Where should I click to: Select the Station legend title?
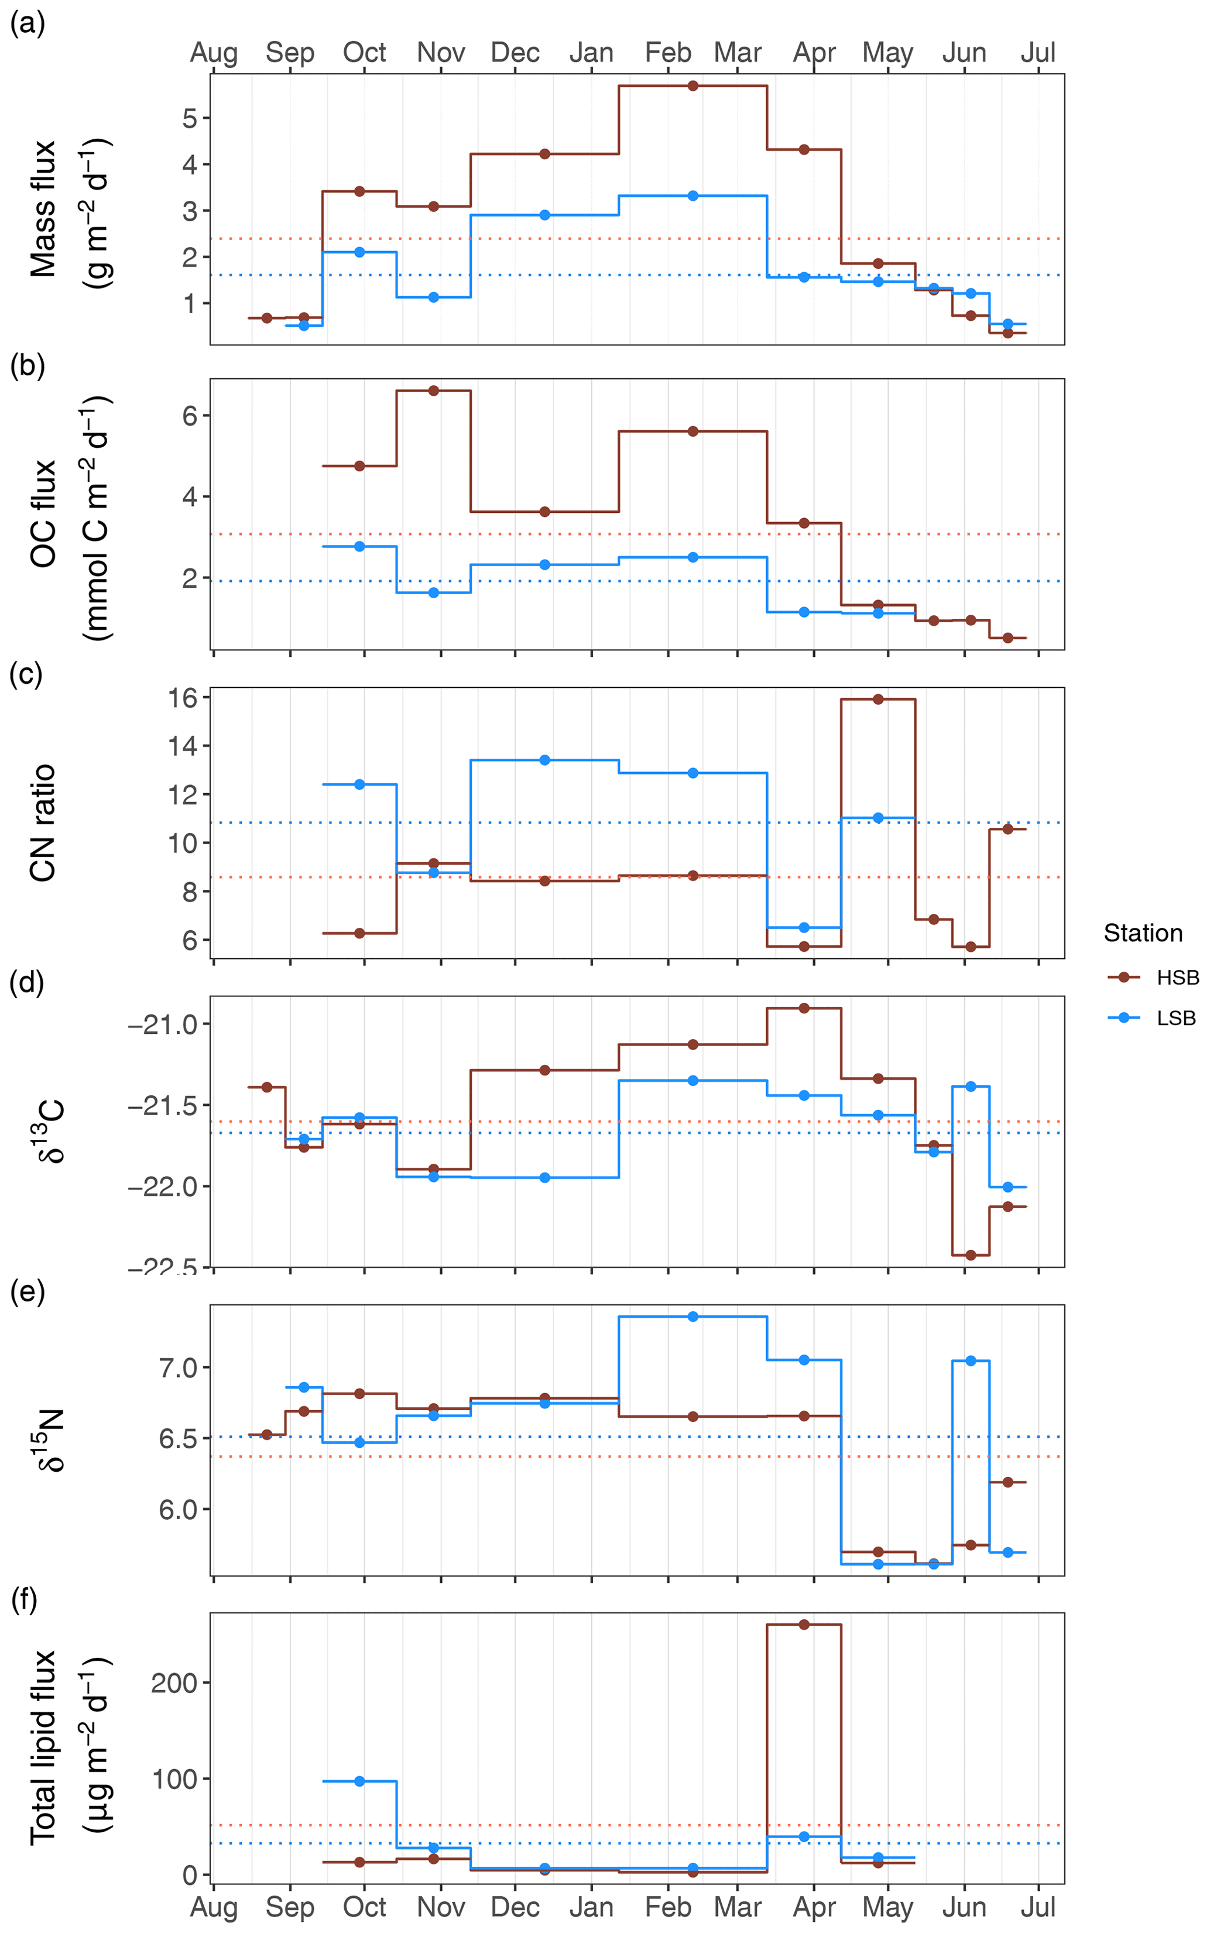point(1142,933)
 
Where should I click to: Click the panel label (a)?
point(26,24)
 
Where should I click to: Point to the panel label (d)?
point(26,982)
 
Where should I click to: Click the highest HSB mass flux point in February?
point(693,85)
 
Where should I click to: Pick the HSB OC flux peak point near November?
point(434,390)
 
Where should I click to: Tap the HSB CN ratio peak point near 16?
point(878,700)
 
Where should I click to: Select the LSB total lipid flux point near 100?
point(359,1781)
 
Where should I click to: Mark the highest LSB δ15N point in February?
point(693,1316)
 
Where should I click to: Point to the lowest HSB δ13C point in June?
point(971,1255)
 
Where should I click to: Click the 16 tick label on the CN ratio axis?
point(183,698)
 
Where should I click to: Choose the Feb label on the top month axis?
point(667,53)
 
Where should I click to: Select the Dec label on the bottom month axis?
point(515,1907)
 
